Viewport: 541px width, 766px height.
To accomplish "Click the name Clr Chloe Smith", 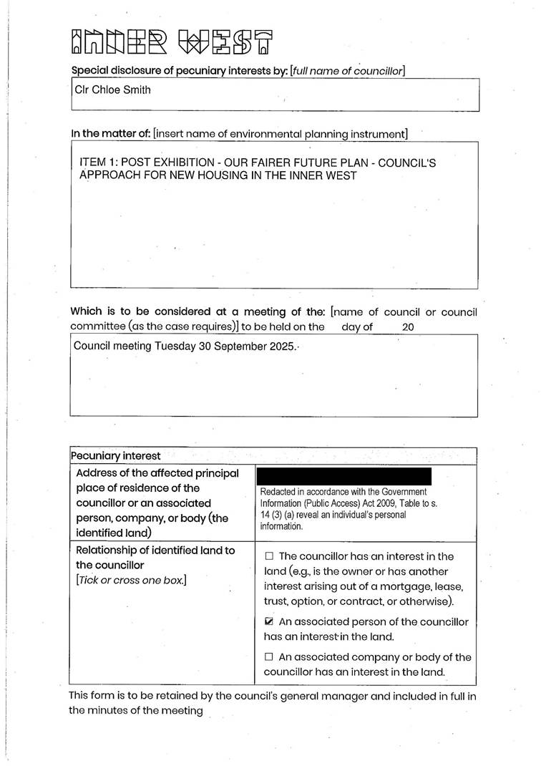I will pyautogui.click(x=113, y=90).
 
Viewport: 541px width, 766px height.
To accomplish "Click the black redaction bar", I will pyautogui.click(x=343, y=476).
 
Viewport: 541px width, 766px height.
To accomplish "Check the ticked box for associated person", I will pyautogui.click(x=269, y=622).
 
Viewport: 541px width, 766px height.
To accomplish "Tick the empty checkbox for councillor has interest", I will pyautogui.click(x=269, y=556).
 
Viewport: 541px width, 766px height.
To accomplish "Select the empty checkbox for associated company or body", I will pyautogui.click(x=269, y=656).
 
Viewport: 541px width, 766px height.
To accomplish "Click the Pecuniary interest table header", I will pyautogui.click(x=115, y=456).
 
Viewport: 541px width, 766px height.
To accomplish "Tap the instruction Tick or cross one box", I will pyautogui.click(x=131, y=580).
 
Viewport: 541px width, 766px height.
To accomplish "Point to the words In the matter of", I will pyautogui.click(x=111, y=134).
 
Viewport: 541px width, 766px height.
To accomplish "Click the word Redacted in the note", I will pyautogui.click(x=278, y=493).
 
